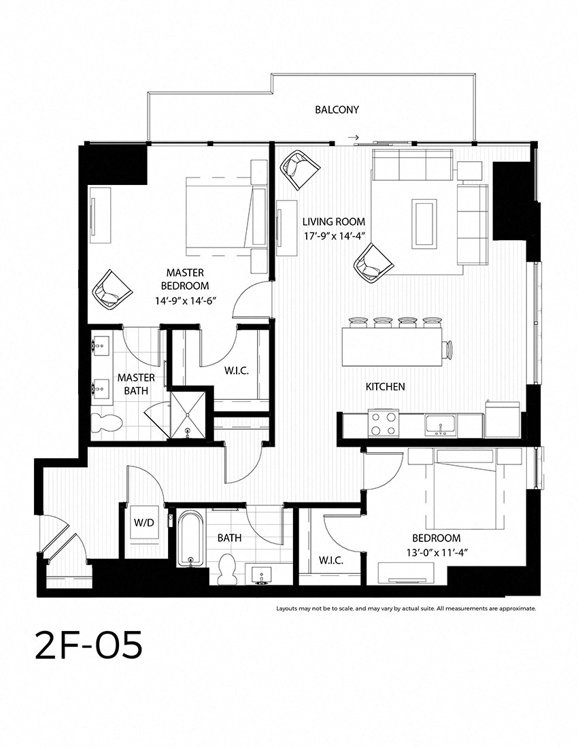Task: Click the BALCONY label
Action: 337,109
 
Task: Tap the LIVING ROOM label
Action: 334,222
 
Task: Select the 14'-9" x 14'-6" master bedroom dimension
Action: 185,301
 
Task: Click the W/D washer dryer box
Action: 144,523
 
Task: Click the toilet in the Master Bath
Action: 107,423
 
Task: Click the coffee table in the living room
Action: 424,223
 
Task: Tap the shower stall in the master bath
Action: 188,414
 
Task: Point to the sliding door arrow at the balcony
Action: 354,137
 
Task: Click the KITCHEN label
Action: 386,387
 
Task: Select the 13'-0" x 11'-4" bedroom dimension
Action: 437,552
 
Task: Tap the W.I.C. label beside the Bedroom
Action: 331,560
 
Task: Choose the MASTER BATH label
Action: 137,384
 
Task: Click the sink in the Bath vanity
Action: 260,575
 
